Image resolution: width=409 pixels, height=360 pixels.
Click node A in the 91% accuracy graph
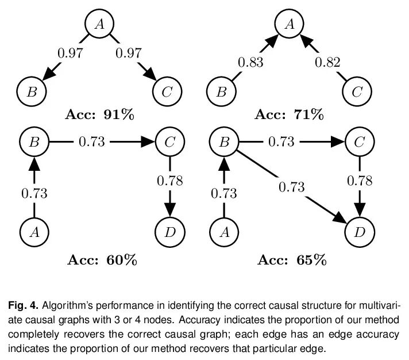coord(99,24)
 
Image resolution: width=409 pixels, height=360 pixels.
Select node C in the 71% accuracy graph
coord(357,91)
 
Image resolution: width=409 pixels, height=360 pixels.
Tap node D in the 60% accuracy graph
coord(170,232)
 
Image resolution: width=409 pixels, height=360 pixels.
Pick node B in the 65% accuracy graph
coord(224,141)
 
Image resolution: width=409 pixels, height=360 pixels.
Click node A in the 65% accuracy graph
coord(224,232)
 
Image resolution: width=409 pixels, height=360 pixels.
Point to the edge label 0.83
coord(250,63)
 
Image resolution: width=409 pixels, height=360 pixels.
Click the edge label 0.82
coord(327,63)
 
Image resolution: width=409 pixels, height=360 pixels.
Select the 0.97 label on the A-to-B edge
coord(71,53)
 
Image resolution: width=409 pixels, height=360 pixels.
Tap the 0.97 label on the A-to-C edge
coord(128,53)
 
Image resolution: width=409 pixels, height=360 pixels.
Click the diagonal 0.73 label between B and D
coord(292,187)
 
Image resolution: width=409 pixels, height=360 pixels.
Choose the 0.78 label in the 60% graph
coord(170,181)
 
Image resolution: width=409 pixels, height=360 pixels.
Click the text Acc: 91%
coord(99,114)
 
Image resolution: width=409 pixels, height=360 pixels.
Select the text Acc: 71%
coord(290,114)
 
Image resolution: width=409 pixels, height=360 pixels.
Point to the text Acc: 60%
coord(102,260)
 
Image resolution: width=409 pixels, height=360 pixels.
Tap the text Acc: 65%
coord(292,260)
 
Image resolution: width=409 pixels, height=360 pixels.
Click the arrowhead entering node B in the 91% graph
coord(49,74)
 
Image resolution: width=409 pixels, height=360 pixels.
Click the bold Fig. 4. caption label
coord(24,305)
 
